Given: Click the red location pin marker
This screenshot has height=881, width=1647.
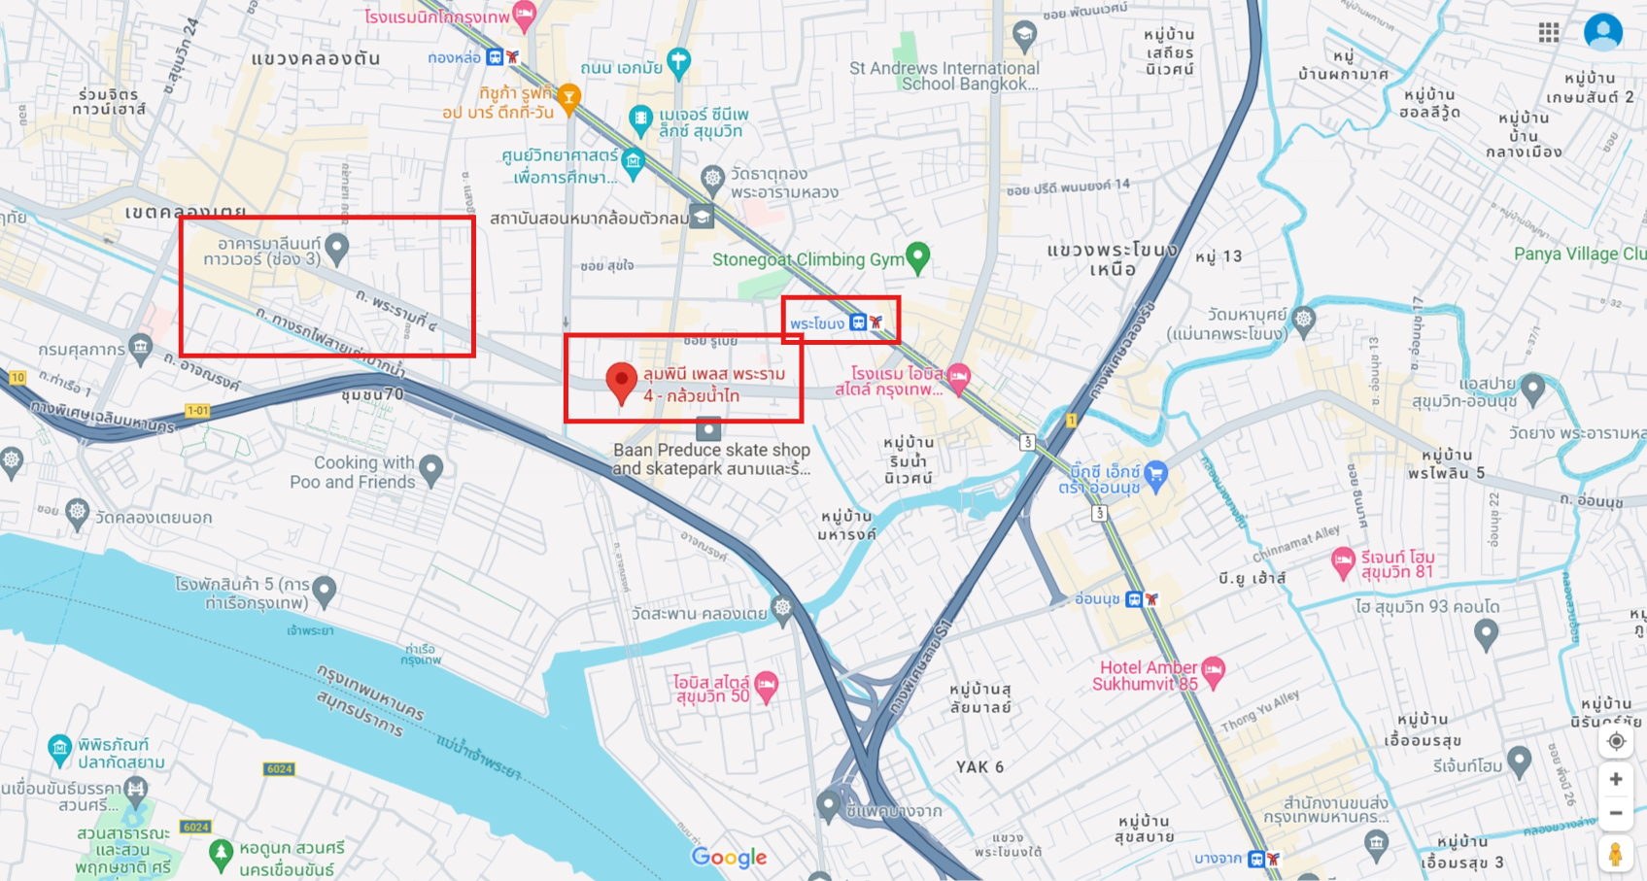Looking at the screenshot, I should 621,382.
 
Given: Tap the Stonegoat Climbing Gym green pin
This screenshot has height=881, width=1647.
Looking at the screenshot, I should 917,257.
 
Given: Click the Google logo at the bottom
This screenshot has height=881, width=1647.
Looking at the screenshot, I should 729,857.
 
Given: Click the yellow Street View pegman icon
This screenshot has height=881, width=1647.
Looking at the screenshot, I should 1615,855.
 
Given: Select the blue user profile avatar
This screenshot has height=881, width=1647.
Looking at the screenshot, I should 1602,32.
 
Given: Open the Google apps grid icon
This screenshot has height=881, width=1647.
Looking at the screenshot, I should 1549,33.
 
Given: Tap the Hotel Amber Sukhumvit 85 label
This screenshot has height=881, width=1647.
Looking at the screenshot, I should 1147,675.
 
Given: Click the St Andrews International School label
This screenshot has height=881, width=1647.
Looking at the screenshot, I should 944,76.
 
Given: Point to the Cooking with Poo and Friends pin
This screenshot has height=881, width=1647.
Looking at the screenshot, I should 431,470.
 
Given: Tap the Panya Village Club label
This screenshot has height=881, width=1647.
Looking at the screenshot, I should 1579,254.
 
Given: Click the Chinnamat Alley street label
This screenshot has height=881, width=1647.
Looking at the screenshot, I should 1296,544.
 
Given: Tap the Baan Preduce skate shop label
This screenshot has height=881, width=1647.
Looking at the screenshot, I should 710,458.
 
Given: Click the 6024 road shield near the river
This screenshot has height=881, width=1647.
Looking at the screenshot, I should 279,769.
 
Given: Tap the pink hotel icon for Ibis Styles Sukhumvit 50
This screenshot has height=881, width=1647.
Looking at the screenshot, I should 766,685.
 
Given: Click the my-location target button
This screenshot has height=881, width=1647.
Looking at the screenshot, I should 1616,741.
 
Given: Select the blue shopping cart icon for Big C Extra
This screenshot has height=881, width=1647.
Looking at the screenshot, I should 1155,474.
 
